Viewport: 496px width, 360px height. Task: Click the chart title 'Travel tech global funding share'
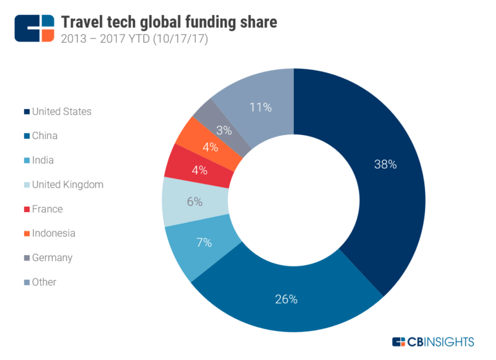click(169, 23)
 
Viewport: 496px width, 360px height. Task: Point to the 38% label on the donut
click(385, 164)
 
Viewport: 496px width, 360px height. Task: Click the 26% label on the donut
click(285, 299)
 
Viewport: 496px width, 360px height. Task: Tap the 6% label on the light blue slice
click(194, 202)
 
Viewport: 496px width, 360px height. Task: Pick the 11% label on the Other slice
click(260, 107)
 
